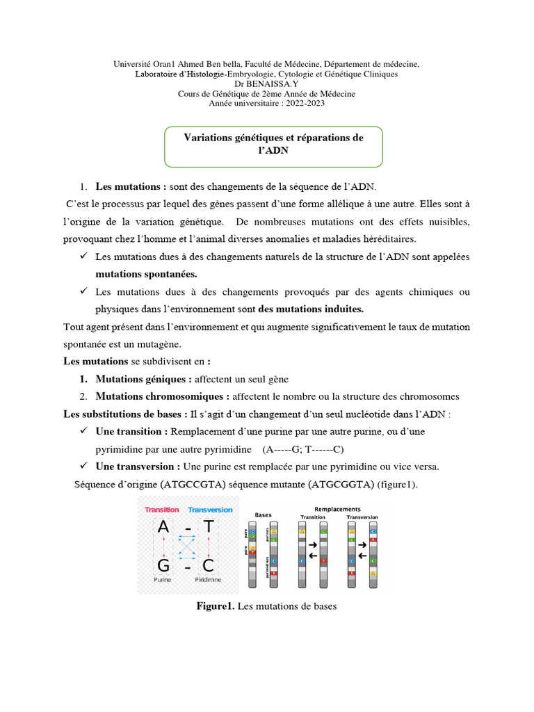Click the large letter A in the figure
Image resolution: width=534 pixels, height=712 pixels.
(x=163, y=528)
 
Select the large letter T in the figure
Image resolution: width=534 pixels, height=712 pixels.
(x=209, y=528)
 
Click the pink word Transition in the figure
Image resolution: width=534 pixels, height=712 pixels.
(x=161, y=510)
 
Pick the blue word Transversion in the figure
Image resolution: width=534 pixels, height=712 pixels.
(x=211, y=510)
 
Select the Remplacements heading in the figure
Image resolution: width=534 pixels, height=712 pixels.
(x=337, y=509)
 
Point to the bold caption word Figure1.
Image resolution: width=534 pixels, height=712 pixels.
(x=216, y=606)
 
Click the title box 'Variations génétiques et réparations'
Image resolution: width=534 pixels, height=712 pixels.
(x=273, y=144)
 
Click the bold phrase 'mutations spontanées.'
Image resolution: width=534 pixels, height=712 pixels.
(x=146, y=274)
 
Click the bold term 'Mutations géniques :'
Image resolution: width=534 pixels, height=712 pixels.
(x=143, y=379)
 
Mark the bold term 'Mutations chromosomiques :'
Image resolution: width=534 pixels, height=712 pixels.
(x=162, y=396)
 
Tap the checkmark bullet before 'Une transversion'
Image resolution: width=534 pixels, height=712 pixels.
(x=83, y=465)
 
